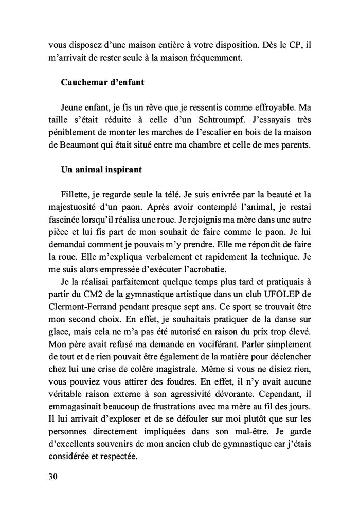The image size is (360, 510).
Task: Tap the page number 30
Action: pos(52,476)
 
